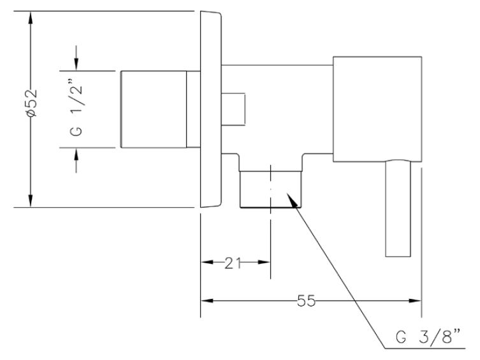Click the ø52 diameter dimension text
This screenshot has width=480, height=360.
tap(32, 103)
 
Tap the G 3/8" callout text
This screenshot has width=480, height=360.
tap(428, 336)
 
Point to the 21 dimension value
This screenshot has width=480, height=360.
tap(233, 263)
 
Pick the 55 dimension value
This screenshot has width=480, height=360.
tap(306, 301)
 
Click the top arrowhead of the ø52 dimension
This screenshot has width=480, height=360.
tap(31, 17)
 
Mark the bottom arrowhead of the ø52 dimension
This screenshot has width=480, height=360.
tap(31, 201)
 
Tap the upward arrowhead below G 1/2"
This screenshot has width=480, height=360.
tap(76, 154)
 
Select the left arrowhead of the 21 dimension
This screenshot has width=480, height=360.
tap(207, 262)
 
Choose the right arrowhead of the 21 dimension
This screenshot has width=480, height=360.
tap(264, 262)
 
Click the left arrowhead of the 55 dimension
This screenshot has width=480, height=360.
tap(207, 301)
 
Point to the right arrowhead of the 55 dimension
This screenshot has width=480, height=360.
tap(415, 301)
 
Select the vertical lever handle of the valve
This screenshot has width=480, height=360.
tap(398, 208)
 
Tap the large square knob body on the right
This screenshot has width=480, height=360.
tap(377, 109)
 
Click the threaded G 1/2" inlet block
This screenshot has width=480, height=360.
tap(154, 109)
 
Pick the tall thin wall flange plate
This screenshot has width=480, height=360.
tap(211, 109)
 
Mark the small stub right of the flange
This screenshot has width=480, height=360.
tap(233, 109)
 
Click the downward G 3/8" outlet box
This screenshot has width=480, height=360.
tap(271, 189)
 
